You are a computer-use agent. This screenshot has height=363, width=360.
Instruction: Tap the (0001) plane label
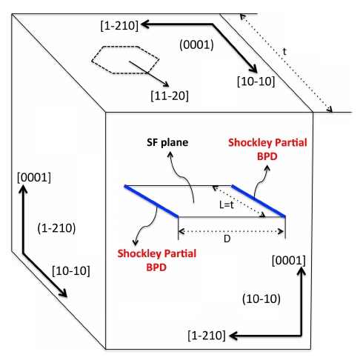(196, 45)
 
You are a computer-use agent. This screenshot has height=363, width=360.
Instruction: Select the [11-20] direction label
(170, 96)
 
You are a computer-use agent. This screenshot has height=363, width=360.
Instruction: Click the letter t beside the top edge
(284, 52)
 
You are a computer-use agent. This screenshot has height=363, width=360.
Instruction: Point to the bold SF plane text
(167, 142)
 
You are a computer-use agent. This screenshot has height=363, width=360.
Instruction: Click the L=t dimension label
(227, 204)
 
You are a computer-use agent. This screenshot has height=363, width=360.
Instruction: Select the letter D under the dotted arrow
(227, 239)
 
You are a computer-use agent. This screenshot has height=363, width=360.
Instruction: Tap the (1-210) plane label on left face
(56, 228)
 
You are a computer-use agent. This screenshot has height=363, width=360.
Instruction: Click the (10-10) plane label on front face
(261, 299)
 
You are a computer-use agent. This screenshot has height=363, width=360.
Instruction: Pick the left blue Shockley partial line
(151, 201)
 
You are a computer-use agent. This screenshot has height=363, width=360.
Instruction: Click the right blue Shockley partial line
(259, 201)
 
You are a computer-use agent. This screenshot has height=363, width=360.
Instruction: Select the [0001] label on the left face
(34, 178)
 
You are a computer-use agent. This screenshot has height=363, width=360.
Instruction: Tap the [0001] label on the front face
(289, 261)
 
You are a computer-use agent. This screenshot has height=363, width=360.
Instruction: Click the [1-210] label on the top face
(119, 26)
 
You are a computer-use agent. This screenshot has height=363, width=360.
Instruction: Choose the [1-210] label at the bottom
(207, 336)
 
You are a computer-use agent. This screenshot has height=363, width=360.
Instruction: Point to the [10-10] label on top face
(256, 81)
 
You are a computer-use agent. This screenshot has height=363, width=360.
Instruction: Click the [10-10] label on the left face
(71, 271)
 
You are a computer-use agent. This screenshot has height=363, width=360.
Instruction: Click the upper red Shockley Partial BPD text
(267, 149)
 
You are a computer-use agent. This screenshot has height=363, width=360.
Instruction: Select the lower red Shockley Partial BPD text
(157, 260)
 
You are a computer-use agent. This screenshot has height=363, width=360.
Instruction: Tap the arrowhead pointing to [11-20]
(167, 84)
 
